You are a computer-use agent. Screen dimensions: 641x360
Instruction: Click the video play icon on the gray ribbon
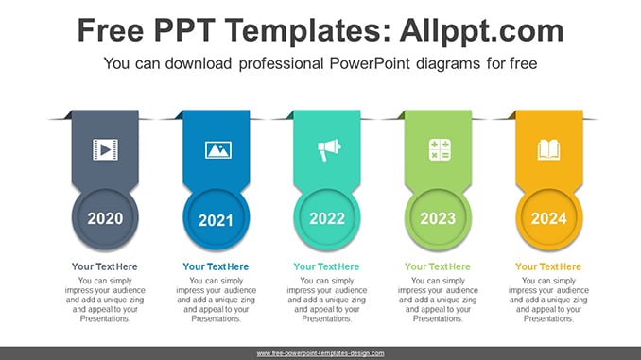pyautogui.click(x=106, y=149)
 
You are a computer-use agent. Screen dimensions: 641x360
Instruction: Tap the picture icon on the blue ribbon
pyautogui.click(x=217, y=150)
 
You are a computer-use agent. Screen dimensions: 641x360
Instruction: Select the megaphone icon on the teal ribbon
pyautogui.click(x=329, y=149)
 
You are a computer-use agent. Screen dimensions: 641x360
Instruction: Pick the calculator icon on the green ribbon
pyautogui.click(x=440, y=149)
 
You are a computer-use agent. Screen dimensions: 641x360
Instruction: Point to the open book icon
pyautogui.click(x=548, y=149)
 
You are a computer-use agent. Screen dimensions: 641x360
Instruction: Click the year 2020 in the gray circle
pyautogui.click(x=105, y=218)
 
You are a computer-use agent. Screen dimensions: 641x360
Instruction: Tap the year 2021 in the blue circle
pyautogui.click(x=216, y=220)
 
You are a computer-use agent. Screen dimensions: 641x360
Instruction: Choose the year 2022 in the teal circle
pyautogui.click(x=327, y=218)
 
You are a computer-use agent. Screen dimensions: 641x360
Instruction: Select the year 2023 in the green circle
pyautogui.click(x=438, y=218)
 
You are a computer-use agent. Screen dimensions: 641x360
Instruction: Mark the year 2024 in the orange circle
pyautogui.click(x=549, y=218)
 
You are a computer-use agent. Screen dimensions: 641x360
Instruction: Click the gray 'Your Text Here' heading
pyautogui.click(x=105, y=266)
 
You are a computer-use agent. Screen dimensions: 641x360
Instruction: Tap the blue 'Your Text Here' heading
pyautogui.click(x=216, y=266)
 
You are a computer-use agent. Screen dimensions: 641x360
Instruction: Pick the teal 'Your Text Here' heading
pyautogui.click(x=326, y=266)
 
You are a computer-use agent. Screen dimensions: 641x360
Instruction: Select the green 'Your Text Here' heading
pyautogui.click(x=438, y=266)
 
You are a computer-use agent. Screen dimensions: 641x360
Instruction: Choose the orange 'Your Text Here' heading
pyautogui.click(x=548, y=266)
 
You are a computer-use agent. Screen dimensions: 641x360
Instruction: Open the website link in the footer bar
pyautogui.click(x=320, y=353)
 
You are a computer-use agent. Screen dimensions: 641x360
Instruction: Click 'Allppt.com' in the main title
pyautogui.click(x=481, y=30)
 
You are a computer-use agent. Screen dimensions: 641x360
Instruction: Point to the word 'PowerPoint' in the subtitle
pyautogui.click(x=369, y=63)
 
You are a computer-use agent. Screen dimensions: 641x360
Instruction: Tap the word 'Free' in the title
pyautogui.click(x=111, y=30)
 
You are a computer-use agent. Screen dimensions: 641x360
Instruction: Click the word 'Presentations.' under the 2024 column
pyautogui.click(x=548, y=318)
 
